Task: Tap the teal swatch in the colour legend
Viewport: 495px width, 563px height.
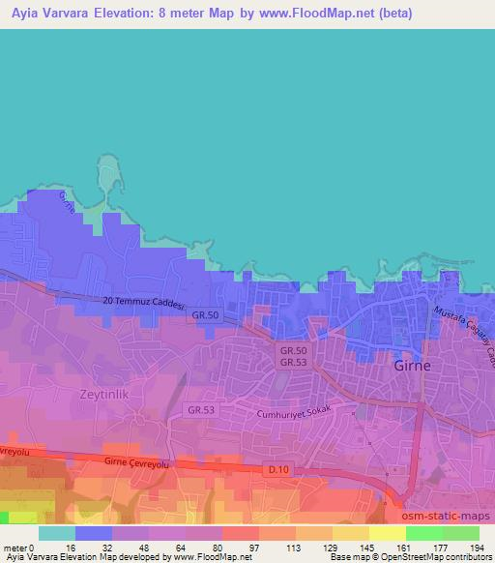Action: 56,533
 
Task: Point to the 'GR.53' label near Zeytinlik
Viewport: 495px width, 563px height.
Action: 201,410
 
